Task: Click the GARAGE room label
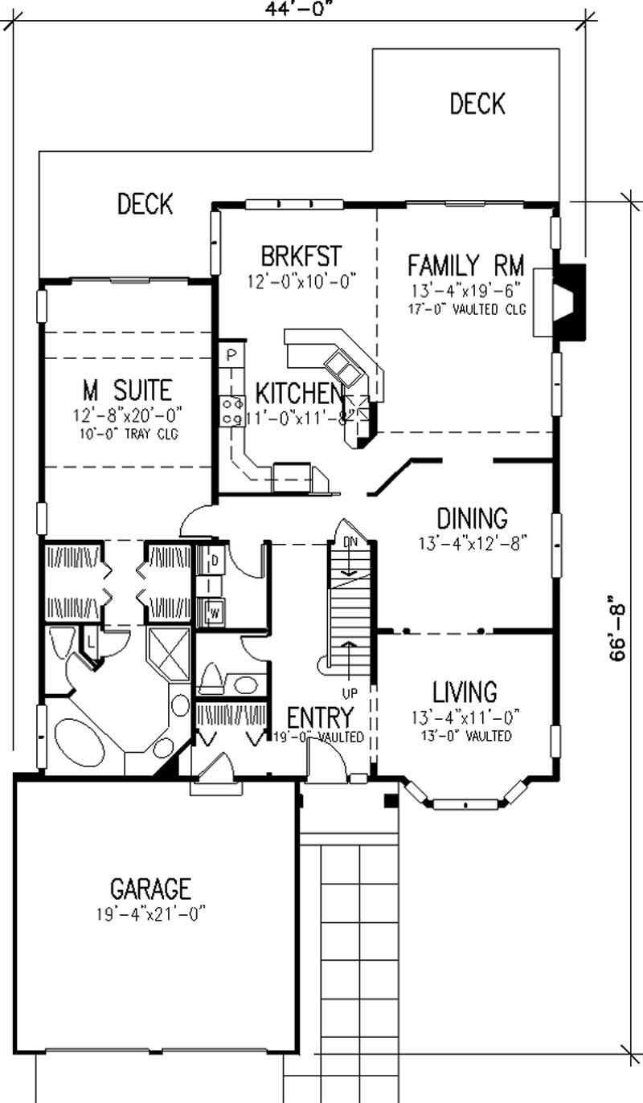pyautogui.click(x=150, y=889)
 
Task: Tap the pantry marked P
pyautogui.click(x=230, y=354)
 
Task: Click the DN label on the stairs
pyautogui.click(x=350, y=542)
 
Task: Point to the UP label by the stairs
pyautogui.click(x=349, y=692)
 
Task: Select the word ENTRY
pyautogui.click(x=320, y=717)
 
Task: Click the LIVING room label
pyautogui.click(x=465, y=691)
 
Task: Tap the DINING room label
pyautogui.click(x=472, y=517)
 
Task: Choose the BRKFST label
pyautogui.click(x=301, y=256)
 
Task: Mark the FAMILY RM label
pyautogui.click(x=465, y=264)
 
